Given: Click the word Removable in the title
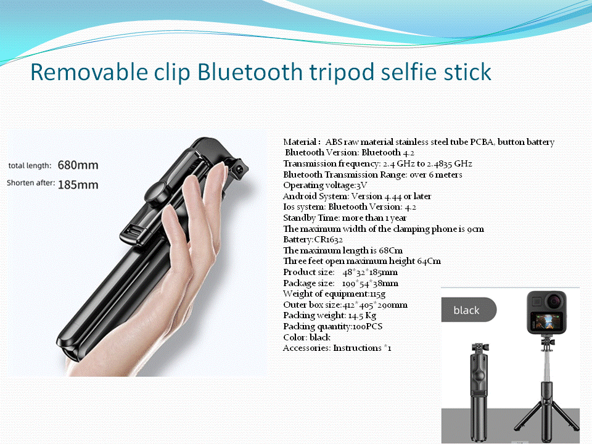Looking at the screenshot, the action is (x=89, y=72).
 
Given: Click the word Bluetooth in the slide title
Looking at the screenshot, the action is (x=250, y=72).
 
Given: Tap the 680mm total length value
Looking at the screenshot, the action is (x=78, y=165).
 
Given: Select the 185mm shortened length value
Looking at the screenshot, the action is (x=78, y=184).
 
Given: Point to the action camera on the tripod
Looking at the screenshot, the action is (x=547, y=312).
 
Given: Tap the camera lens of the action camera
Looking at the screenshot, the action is (x=554, y=301).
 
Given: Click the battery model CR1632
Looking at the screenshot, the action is (x=329, y=240).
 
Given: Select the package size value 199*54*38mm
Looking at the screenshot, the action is (x=370, y=283).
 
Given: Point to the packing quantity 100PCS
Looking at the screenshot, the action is (x=368, y=327).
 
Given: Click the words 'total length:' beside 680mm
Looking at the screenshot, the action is (x=30, y=165).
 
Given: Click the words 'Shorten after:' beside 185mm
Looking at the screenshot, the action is (x=31, y=183).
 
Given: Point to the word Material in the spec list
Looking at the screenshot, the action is (x=300, y=142).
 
